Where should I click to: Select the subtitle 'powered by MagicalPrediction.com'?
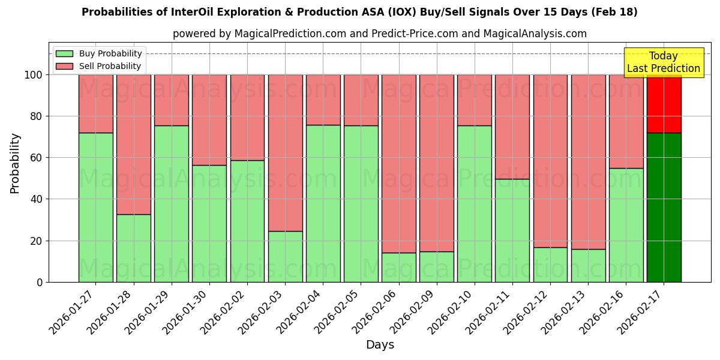[379, 34]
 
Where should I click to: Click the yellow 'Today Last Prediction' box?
[663, 62]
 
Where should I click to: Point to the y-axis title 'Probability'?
[15, 163]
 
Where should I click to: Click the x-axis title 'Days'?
[380, 344]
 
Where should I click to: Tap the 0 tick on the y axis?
[40, 282]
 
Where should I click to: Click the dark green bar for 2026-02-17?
[664, 207]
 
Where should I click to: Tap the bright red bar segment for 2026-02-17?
[664, 103]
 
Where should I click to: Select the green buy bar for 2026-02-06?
[398, 268]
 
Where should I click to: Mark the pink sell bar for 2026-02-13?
[588, 161]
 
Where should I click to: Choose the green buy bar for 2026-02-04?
[323, 203]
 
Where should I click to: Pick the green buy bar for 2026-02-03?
[285, 257]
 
